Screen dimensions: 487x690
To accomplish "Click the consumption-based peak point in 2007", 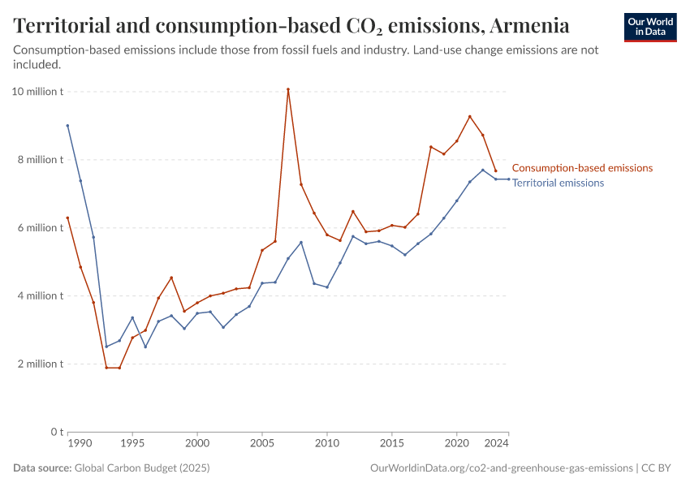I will pyautogui.click(x=288, y=89).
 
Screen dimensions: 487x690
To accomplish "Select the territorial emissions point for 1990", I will pyautogui.click(x=67, y=126).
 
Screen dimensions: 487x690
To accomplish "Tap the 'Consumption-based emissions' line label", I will pyautogui.click(x=582, y=168).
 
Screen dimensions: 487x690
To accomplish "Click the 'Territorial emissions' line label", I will pyautogui.click(x=558, y=183).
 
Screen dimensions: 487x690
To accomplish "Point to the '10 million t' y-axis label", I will pyautogui.click(x=37, y=92).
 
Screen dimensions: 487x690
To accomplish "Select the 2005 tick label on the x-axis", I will pyautogui.click(x=262, y=444).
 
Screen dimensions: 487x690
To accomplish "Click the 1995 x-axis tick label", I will pyautogui.click(x=132, y=444).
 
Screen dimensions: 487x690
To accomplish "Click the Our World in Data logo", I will pyautogui.click(x=650, y=27).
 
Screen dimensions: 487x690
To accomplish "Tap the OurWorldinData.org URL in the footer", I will pyautogui.click(x=501, y=468).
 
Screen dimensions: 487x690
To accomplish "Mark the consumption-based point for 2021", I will pyautogui.click(x=470, y=116).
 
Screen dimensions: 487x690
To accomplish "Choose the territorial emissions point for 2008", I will pyautogui.click(x=301, y=242).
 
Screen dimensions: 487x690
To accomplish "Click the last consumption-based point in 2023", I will pyautogui.click(x=496, y=170).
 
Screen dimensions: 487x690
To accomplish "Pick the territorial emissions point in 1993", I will pyautogui.click(x=106, y=347).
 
